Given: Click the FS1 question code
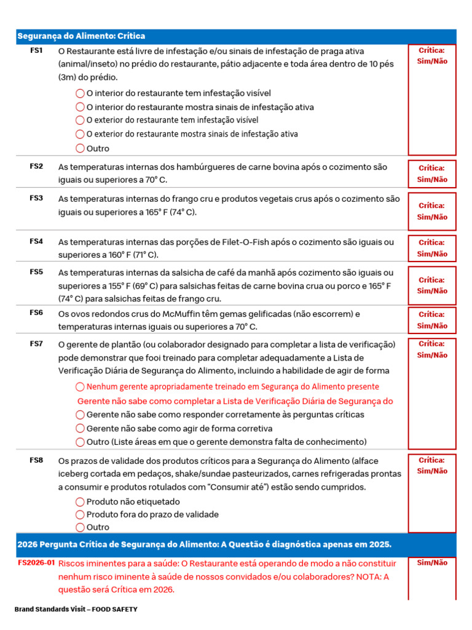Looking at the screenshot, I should pos(36,50).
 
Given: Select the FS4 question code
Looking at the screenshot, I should pos(36,241).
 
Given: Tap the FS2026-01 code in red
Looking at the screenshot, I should pos(36,562).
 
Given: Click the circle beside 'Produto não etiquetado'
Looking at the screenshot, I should pos(80,501).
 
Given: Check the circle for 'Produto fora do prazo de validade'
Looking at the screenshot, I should pos(80,514).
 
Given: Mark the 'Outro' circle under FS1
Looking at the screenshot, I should pos(80,148).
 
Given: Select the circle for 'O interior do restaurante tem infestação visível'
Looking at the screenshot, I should pos(80,94).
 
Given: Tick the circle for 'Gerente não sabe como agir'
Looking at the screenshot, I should pos(80,428).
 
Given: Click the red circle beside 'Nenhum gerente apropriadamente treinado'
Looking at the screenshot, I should pos(80,386).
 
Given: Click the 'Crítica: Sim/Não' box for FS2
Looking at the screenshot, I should pos(432,173).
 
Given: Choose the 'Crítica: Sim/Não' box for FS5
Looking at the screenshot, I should pos(432,285).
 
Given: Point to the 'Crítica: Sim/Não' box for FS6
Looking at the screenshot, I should pos(432,320).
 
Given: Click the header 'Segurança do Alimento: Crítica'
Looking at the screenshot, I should pos(81,36).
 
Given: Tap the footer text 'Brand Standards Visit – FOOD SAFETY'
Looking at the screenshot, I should pos(76,609).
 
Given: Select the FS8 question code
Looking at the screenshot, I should pos(36,460).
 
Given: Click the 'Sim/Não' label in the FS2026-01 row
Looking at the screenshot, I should pos(432,562).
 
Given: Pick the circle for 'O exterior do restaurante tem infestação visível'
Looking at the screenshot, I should pos(80,121).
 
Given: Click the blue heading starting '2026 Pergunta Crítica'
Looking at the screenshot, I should pos(204,545).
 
